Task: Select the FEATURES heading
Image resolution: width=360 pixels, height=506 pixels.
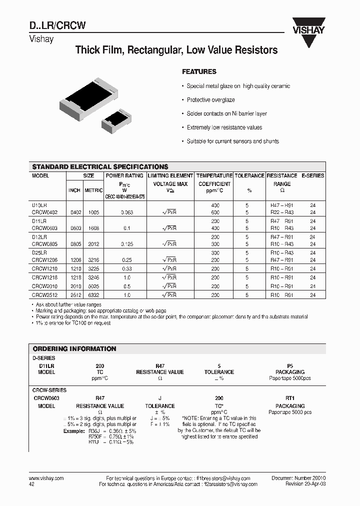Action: [x=199, y=72]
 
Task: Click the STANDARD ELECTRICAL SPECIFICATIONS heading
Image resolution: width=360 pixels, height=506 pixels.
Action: [x=100, y=167]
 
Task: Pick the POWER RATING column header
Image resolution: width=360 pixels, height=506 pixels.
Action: [x=124, y=176]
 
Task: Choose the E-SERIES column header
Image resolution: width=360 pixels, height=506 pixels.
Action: [x=312, y=176]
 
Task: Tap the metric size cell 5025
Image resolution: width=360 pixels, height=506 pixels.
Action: [x=91, y=286]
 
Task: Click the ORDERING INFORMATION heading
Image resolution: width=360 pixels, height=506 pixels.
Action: [x=74, y=349]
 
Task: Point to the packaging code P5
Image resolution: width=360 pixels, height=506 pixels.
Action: [x=290, y=366]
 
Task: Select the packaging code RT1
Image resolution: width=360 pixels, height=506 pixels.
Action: [x=290, y=398]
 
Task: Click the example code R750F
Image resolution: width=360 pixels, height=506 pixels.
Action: [x=80, y=436]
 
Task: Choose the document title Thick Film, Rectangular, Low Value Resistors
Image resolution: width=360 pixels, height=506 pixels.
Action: [x=176, y=50]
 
